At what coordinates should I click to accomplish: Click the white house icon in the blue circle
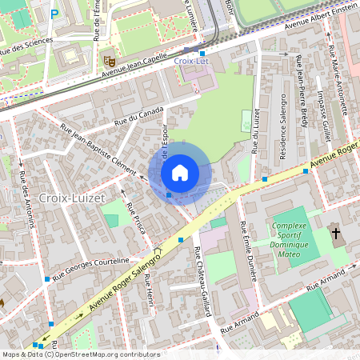[180, 172]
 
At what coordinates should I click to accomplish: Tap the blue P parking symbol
[54, 14]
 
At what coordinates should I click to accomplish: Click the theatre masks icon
[109, 59]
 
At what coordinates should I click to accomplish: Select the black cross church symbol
[336, 234]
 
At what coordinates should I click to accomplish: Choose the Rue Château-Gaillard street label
[202, 280]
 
